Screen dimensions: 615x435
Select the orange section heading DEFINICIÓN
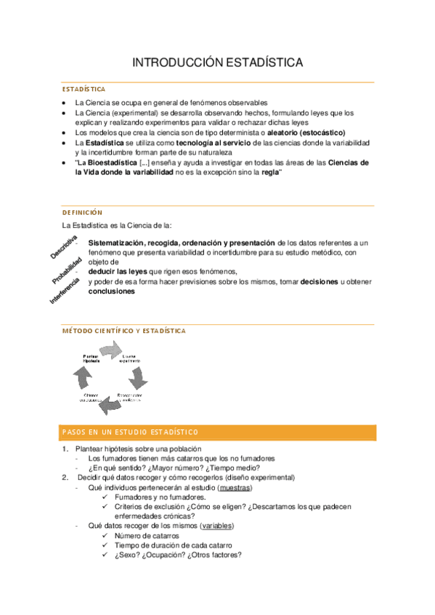pyautogui.click(x=82, y=212)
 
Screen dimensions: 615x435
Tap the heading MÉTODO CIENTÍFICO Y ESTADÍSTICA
pyautogui.click(x=123, y=331)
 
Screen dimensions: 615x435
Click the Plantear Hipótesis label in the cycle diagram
pyautogui.click(x=92, y=358)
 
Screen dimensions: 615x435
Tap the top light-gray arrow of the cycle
pyautogui.click(x=112, y=350)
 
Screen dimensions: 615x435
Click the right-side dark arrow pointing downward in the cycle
pyautogui.click(x=139, y=378)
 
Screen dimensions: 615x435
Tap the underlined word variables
pyautogui.click(x=217, y=525)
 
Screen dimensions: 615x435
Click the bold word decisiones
pyautogui.click(x=319, y=281)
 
